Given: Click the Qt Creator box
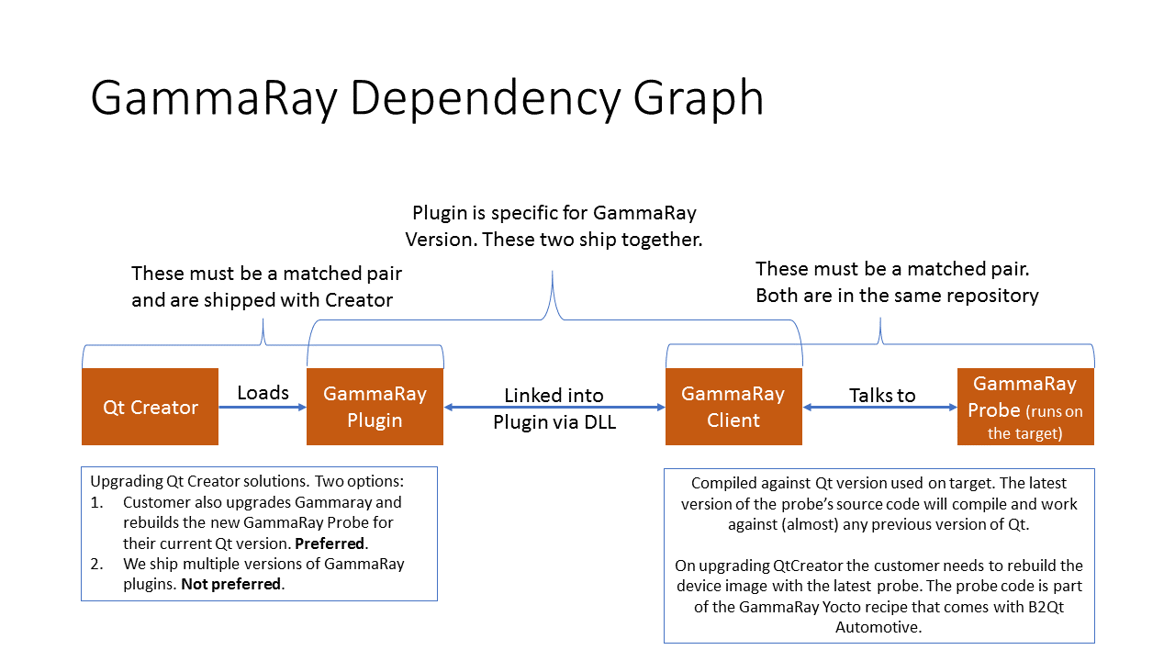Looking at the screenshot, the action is [150, 407].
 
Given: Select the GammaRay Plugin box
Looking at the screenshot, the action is [375, 407].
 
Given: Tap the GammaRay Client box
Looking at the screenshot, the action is [733, 407].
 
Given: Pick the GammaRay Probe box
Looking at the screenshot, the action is [1025, 407].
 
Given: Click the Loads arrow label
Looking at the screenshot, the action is [263, 392].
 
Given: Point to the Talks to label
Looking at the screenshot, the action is [882, 395].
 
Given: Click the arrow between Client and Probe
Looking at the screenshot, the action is [879, 407].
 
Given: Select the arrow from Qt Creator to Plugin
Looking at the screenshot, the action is [263, 407].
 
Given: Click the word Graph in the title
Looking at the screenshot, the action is [699, 98].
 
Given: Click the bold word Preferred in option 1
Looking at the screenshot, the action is [330, 543].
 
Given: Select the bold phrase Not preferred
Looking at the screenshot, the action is [230, 584].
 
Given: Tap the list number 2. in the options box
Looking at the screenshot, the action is [96, 564].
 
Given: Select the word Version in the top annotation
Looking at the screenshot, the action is [439, 240].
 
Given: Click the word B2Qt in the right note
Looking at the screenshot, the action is [1046, 607].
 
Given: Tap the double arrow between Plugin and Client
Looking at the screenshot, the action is [554, 407].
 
